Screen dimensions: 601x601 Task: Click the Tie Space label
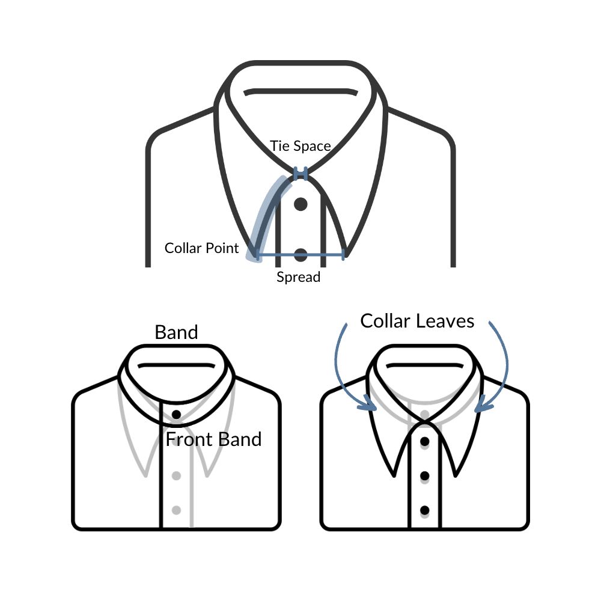coord(300,146)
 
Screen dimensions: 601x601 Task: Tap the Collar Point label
coord(201,248)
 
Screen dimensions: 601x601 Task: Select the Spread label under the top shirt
coord(298,276)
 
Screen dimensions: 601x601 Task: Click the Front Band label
coord(213,439)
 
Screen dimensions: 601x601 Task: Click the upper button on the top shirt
coord(300,204)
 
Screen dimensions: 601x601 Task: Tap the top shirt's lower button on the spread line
coord(300,254)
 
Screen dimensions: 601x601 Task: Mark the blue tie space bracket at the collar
coord(300,173)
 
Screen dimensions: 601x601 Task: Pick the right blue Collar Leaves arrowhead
coord(484,404)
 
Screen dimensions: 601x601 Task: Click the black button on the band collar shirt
coord(176,414)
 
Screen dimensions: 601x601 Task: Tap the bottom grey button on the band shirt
coord(176,510)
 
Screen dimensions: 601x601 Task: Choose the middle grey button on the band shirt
coord(176,475)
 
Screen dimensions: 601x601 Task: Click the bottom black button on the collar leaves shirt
coord(424,510)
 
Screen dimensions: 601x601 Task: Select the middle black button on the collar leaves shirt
coord(424,475)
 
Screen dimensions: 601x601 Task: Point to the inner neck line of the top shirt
coord(300,92)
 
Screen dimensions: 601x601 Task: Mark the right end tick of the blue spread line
coord(343,254)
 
